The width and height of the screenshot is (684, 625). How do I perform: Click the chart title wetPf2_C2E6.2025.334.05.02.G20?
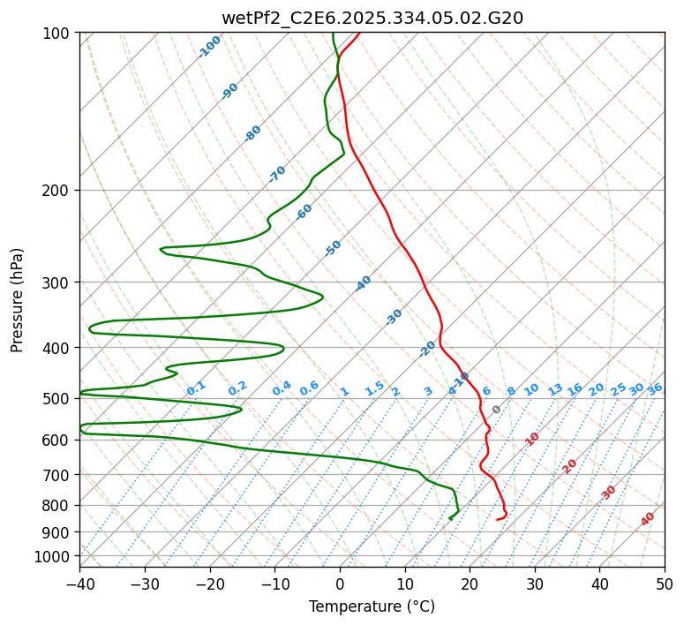[x=372, y=18]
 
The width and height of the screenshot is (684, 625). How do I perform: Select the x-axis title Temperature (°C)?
[x=372, y=607]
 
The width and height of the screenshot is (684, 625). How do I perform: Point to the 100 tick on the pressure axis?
[x=57, y=34]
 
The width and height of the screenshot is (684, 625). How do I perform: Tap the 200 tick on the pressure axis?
[x=57, y=190]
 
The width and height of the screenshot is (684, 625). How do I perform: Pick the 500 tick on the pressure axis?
[x=57, y=399]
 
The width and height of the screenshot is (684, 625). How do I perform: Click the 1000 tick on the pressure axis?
[x=54, y=556]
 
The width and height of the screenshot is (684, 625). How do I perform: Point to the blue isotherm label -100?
[x=209, y=47]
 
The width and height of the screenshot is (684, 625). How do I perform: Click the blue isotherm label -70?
[x=277, y=174]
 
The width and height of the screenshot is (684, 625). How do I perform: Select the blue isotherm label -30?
[x=394, y=317]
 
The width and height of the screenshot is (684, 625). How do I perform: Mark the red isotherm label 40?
[x=648, y=519]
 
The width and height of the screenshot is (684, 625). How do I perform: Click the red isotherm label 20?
[x=570, y=465]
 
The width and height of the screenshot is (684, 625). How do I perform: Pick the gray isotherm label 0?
[x=497, y=410]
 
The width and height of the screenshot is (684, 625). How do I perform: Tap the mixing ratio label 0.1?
[x=196, y=388]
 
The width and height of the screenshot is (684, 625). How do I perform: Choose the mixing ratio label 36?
[x=655, y=388]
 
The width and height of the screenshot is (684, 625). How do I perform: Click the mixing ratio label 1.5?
[x=374, y=388]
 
